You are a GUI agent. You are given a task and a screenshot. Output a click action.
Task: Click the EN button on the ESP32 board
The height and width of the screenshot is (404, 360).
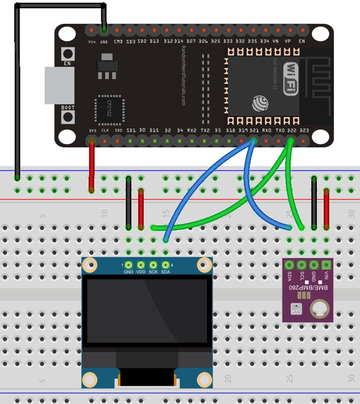pyautogui.click(x=68, y=53)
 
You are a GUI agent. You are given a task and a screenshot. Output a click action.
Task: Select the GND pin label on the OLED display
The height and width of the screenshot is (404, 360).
pyautogui.click(x=128, y=272)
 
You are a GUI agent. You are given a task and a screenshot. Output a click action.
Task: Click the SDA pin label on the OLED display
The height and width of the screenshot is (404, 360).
pyautogui.click(x=166, y=272)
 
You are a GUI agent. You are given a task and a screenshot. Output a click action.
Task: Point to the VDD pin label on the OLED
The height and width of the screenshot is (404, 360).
pyautogui.click(x=141, y=272)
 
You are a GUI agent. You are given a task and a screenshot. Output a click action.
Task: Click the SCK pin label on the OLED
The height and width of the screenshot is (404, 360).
pyautogui.click(x=153, y=272)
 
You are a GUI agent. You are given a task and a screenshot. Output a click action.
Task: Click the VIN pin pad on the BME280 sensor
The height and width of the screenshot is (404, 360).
pyautogui.click(x=326, y=264)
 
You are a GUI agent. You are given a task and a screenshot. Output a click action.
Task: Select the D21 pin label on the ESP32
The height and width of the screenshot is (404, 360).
pyautogui.click(x=253, y=130)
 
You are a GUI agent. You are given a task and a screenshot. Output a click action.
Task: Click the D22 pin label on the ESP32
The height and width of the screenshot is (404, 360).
pyautogui.click(x=291, y=130)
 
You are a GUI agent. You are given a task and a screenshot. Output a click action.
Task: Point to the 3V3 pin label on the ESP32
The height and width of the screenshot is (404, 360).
pyautogui.click(x=92, y=130)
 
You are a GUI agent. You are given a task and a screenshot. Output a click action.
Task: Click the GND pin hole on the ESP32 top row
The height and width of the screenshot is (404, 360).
pyautogui.click(x=104, y=30)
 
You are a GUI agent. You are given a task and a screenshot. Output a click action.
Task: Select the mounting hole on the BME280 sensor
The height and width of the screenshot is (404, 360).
pyautogui.click(x=319, y=308)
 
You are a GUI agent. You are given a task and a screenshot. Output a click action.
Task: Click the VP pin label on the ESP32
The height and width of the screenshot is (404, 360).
pyautogui.click(x=288, y=41)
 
